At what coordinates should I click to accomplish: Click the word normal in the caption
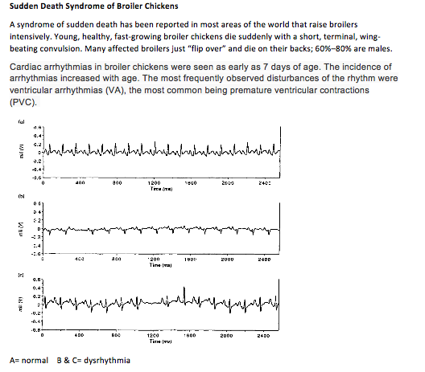(x=34, y=358)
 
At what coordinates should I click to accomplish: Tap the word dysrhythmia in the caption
(x=108, y=358)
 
